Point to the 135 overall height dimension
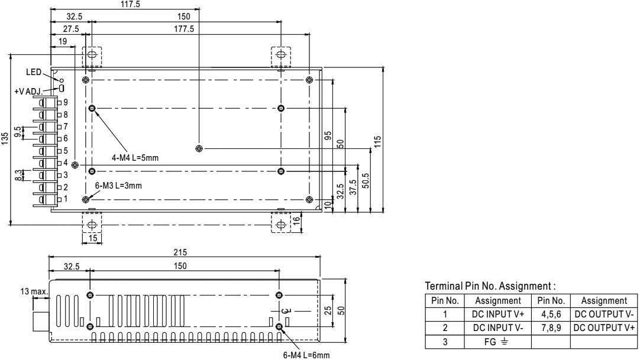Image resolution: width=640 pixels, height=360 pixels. click(5, 138)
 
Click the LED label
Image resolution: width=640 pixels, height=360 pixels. click(34, 72)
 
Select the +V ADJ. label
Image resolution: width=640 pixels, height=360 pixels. click(28, 92)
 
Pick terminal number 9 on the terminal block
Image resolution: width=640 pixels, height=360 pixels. click(66, 102)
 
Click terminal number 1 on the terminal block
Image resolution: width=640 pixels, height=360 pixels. click(66, 199)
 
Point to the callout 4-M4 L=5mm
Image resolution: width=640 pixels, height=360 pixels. click(135, 157)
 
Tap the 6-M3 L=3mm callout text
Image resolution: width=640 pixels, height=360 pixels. click(118, 185)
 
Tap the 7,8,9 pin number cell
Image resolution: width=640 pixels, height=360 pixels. click(550, 326)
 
